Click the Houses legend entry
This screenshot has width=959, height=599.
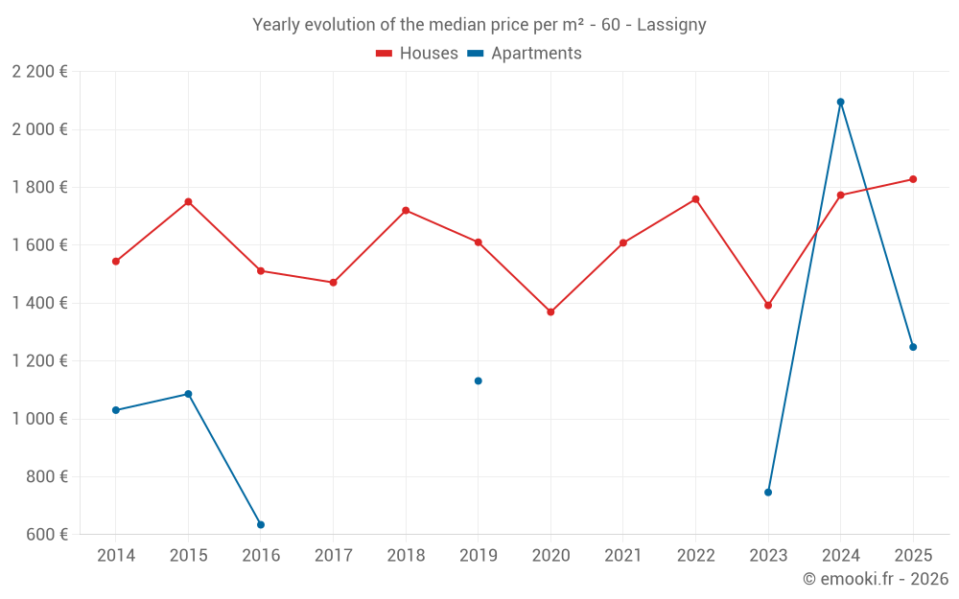[417, 54]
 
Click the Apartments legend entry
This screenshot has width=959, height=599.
[525, 54]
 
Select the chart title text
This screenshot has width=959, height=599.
[479, 25]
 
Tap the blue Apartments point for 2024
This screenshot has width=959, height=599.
[840, 102]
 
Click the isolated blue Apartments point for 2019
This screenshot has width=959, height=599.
[478, 380]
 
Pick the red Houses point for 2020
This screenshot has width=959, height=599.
[550, 311]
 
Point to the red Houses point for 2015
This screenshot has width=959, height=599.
[188, 201]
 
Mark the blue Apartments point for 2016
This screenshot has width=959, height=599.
[261, 524]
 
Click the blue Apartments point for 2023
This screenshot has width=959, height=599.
[768, 492]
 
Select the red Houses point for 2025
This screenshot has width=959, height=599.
[913, 179]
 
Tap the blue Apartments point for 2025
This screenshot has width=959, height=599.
[913, 347]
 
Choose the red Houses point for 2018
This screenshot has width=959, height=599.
[406, 210]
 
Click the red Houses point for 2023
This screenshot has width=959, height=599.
[768, 305]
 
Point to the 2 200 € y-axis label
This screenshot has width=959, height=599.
[39, 72]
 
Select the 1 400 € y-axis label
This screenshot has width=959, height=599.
[39, 303]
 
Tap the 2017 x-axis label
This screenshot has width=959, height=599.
[333, 556]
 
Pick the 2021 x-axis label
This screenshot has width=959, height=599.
[622, 556]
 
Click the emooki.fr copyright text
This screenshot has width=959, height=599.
[875, 579]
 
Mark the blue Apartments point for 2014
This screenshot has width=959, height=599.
[116, 410]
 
